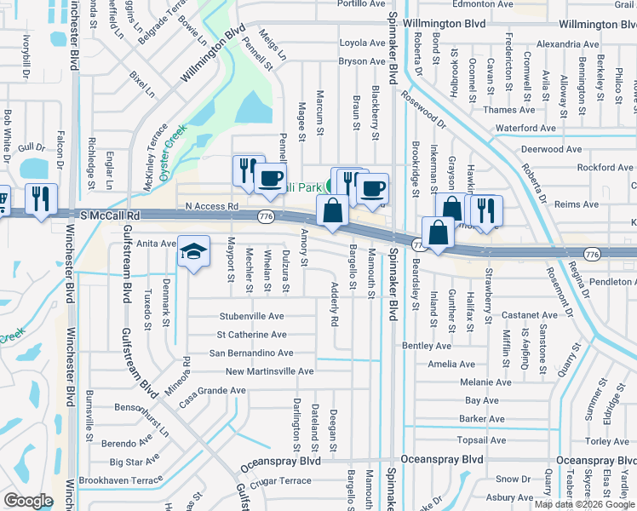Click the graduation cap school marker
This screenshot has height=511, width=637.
point(194,251)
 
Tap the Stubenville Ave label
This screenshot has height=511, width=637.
point(251,316)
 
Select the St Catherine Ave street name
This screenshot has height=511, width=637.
point(251,335)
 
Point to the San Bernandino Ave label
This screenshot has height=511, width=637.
point(251,353)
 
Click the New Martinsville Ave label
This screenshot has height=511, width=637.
point(269,371)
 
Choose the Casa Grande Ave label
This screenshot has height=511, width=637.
point(212,390)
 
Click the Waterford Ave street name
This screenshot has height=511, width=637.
point(525,128)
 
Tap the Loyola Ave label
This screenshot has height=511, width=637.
point(362,43)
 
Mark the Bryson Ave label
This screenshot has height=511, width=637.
point(361,61)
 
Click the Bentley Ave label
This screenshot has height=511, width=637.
point(426,346)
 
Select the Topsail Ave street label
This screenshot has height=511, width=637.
point(481,440)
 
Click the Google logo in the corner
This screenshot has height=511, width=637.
point(28,500)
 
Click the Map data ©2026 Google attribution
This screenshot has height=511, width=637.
point(583,504)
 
